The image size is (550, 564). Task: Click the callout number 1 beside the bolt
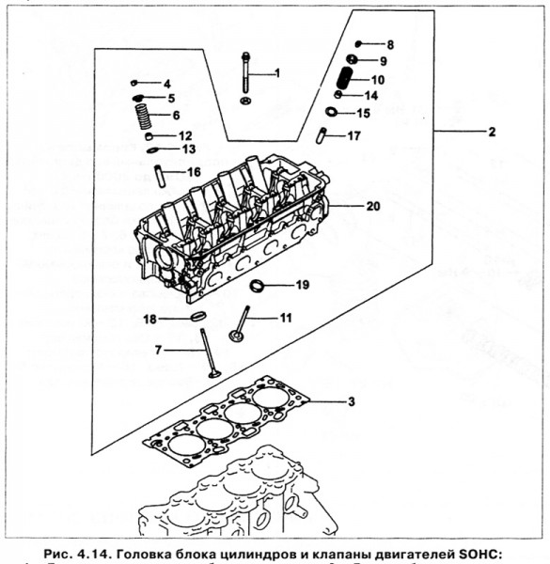click(x=276, y=72)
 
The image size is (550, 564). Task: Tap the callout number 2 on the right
click(x=491, y=133)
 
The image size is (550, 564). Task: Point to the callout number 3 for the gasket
click(x=351, y=402)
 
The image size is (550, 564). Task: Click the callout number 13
click(x=188, y=149)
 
